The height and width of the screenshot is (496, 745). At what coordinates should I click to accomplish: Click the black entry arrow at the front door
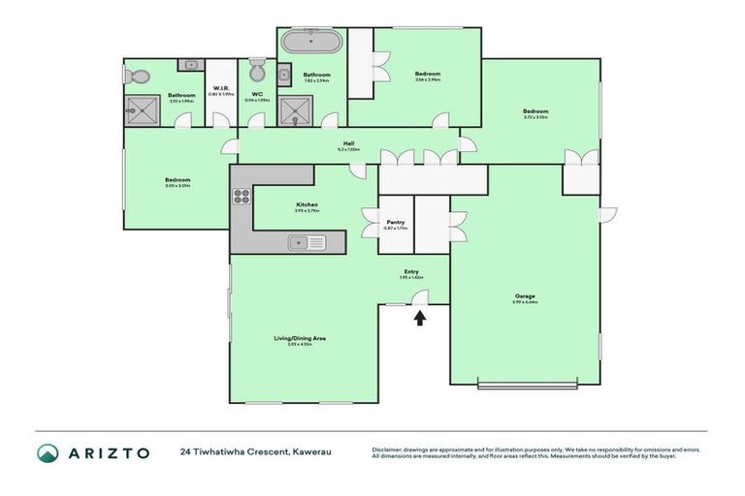(x=420, y=317)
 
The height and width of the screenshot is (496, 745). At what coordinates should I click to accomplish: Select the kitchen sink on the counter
(x=301, y=242)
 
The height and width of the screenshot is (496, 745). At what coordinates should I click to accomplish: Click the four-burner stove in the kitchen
(x=242, y=198)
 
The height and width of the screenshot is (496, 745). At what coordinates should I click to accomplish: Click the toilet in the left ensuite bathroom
(x=139, y=77)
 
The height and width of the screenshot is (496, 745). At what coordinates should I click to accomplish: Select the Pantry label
(x=395, y=222)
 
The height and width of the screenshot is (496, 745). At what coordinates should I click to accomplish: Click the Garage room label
(x=525, y=295)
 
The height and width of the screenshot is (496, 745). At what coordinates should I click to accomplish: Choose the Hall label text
(x=347, y=144)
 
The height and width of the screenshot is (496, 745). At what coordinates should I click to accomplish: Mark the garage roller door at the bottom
(x=525, y=385)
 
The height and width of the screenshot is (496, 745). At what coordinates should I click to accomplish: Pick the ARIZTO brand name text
(x=108, y=452)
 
